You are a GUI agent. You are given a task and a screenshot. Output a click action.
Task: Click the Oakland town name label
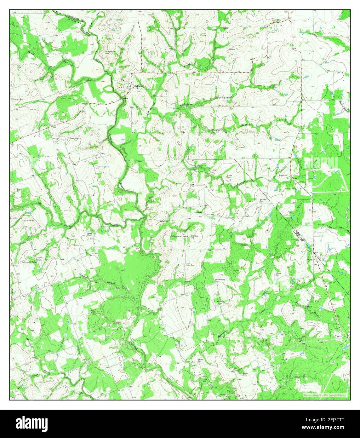coord(138,86)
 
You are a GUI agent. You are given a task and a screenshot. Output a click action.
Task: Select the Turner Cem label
coord(74,138)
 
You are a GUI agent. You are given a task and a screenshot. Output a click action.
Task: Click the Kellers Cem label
coord(278,274)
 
